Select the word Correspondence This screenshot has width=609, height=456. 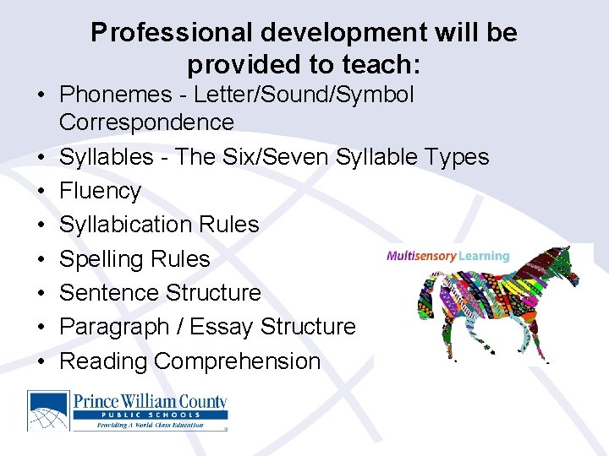[146, 122]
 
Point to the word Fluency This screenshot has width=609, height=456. [100, 192]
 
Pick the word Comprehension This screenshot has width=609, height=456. [238, 361]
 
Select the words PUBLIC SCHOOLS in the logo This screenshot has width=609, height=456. [149, 415]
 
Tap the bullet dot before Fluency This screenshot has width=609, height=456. [40, 192]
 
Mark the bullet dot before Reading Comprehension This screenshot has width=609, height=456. [40, 361]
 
